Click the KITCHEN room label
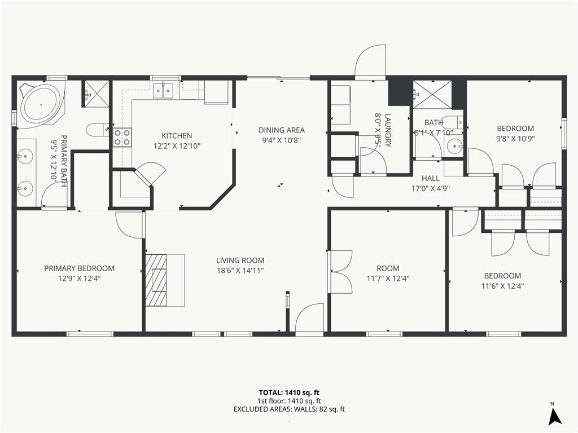click(177, 135)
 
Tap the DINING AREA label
click(281, 130)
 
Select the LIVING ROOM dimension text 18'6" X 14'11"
click(240, 271)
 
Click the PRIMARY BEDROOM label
click(79, 268)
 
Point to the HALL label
click(431, 179)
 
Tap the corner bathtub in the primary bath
click(41, 104)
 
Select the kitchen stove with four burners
click(122, 138)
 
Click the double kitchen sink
click(163, 91)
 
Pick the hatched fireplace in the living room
click(156, 280)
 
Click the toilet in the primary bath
click(98, 130)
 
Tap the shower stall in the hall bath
click(432, 94)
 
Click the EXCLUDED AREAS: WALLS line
click(289, 409)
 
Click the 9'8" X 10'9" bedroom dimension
click(515, 139)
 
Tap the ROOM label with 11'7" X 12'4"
click(388, 268)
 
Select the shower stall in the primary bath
click(96, 94)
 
